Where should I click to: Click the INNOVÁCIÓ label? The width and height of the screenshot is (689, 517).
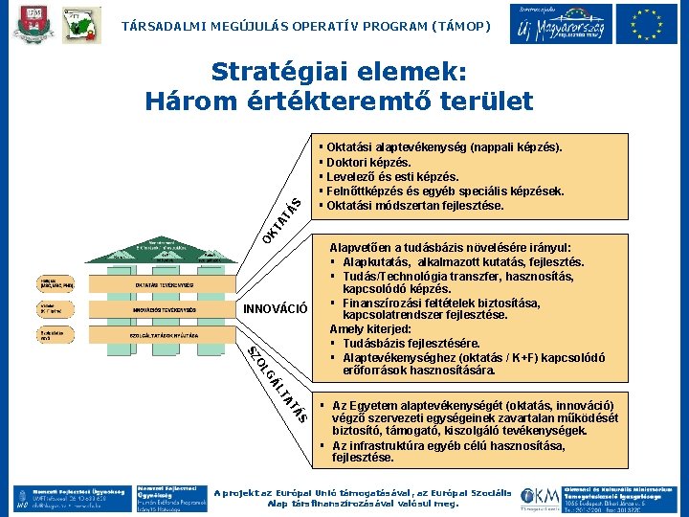click(276, 309)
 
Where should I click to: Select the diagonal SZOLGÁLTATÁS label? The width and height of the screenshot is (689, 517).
click(278, 383)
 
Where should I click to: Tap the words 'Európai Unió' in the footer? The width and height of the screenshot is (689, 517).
click(324, 491)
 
